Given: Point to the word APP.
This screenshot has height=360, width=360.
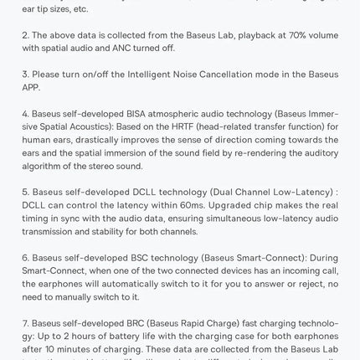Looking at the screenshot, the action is [31, 87].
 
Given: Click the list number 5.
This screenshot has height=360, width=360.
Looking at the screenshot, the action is [25, 192].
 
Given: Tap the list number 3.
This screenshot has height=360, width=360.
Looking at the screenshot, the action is [25, 75].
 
